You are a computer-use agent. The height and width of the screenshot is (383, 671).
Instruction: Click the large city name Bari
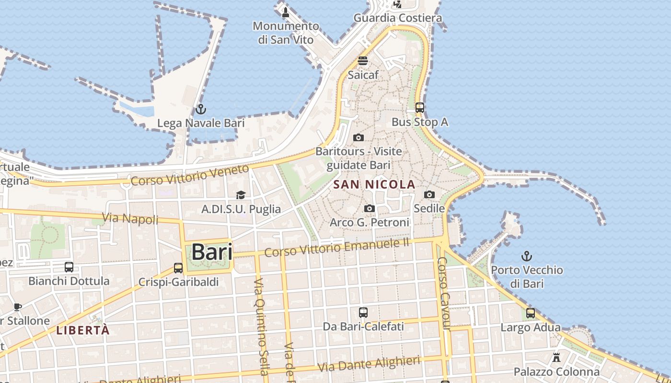click(212, 252)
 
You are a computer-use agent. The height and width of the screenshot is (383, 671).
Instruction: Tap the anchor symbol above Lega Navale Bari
click(201, 109)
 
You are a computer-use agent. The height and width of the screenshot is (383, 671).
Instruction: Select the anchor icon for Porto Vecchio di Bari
click(527, 256)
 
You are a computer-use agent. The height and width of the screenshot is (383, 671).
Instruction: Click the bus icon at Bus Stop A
click(420, 108)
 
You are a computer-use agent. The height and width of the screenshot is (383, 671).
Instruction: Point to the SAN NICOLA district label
click(374, 184)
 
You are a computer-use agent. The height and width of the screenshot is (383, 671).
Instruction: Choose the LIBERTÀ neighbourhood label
click(83, 330)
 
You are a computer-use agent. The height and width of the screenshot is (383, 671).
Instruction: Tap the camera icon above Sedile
click(429, 194)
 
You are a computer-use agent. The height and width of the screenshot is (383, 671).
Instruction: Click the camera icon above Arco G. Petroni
click(370, 208)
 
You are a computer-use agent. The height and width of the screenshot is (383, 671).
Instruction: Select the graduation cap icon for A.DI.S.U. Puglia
click(241, 195)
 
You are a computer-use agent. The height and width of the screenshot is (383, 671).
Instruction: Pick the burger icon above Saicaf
click(363, 61)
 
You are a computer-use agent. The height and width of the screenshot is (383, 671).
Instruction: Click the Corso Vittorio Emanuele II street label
click(337, 248)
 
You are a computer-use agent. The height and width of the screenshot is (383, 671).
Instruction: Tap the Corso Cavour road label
click(444, 293)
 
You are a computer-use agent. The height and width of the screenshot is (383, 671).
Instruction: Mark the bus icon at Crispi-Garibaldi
click(178, 268)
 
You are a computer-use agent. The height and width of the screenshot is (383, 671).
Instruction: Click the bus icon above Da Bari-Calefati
click(363, 313)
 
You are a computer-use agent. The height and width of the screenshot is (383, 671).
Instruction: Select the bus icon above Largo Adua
click(531, 313)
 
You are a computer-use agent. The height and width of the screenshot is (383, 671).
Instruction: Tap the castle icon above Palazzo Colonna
click(556, 357)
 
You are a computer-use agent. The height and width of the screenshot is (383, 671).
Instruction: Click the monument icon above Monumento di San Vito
click(286, 12)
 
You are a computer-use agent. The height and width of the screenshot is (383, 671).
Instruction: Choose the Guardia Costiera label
click(398, 18)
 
